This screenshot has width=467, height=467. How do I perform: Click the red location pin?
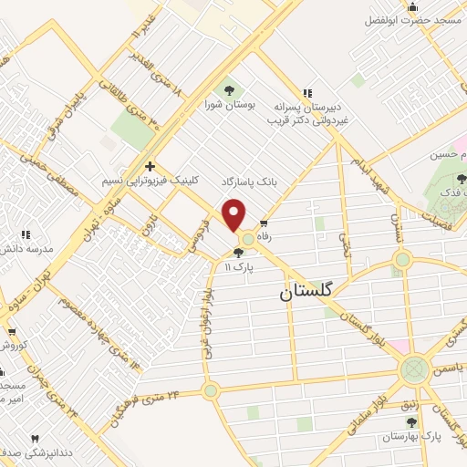235,215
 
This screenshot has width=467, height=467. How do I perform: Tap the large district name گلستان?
307,292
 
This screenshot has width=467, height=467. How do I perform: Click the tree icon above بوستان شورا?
227,88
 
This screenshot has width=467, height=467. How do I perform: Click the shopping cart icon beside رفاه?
264,224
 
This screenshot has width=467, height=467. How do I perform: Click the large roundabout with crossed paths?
414,369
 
